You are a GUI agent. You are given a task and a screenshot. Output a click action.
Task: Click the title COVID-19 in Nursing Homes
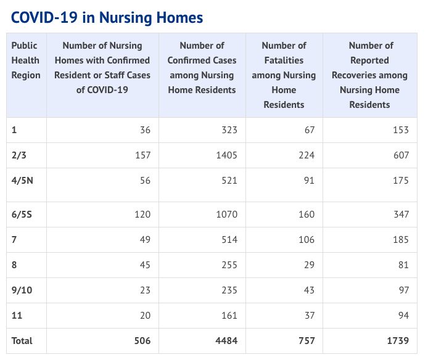coord(107,18)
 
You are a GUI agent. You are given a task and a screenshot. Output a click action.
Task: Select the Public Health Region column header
coord(26,60)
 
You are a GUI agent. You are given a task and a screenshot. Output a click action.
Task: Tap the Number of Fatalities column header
coord(284,75)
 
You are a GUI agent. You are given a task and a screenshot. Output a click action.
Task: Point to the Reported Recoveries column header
coord(369,75)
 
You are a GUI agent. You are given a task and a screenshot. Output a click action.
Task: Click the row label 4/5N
coord(22,181)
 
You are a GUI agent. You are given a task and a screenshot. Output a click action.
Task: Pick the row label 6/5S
coord(22,215)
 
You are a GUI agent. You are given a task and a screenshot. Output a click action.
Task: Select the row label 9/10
coord(22,290)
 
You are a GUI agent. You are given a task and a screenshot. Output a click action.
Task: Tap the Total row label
coord(22,341)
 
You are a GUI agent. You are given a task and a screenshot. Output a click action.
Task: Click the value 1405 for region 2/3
coord(226,155)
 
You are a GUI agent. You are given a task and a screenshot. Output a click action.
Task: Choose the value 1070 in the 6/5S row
coord(226,215)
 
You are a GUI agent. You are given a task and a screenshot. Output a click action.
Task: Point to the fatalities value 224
coord(307,155)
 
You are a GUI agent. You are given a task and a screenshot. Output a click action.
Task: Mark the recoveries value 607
coord(401,155)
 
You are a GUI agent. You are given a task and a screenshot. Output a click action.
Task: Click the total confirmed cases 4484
coord(226,341)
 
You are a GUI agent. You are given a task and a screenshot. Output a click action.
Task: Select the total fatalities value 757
coord(307,341)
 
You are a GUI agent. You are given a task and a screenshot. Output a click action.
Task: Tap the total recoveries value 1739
coord(398,341)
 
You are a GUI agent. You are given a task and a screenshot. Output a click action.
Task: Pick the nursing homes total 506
coord(142,341)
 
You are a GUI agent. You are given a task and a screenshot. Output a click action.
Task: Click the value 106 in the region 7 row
coord(307,240)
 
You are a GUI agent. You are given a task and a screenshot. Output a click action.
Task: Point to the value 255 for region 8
coord(229,265)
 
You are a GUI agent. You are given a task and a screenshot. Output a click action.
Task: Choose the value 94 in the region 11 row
coord(403,316)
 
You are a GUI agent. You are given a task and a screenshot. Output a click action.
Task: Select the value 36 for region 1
coord(145,130)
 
